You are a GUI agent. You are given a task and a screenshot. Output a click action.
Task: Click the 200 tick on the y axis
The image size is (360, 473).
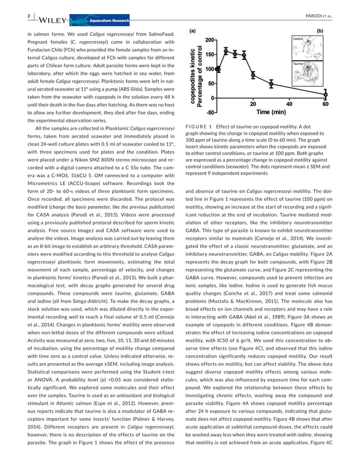coord(208,41)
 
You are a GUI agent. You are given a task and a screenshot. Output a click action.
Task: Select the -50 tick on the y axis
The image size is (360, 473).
coord(207,112)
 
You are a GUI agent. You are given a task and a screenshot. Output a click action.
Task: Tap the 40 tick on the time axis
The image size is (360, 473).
coord(289,104)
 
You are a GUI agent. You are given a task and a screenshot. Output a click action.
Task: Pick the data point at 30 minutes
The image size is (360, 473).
coord(271,84)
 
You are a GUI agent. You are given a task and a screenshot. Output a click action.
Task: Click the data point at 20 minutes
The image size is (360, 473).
coord(253,74)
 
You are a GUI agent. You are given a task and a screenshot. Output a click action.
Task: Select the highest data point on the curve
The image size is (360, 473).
coord(226,51)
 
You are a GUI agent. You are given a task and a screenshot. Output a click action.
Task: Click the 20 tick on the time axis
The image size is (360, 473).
coord(253,104)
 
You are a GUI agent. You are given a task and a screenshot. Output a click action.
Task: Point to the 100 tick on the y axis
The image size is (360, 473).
coord(208,69)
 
